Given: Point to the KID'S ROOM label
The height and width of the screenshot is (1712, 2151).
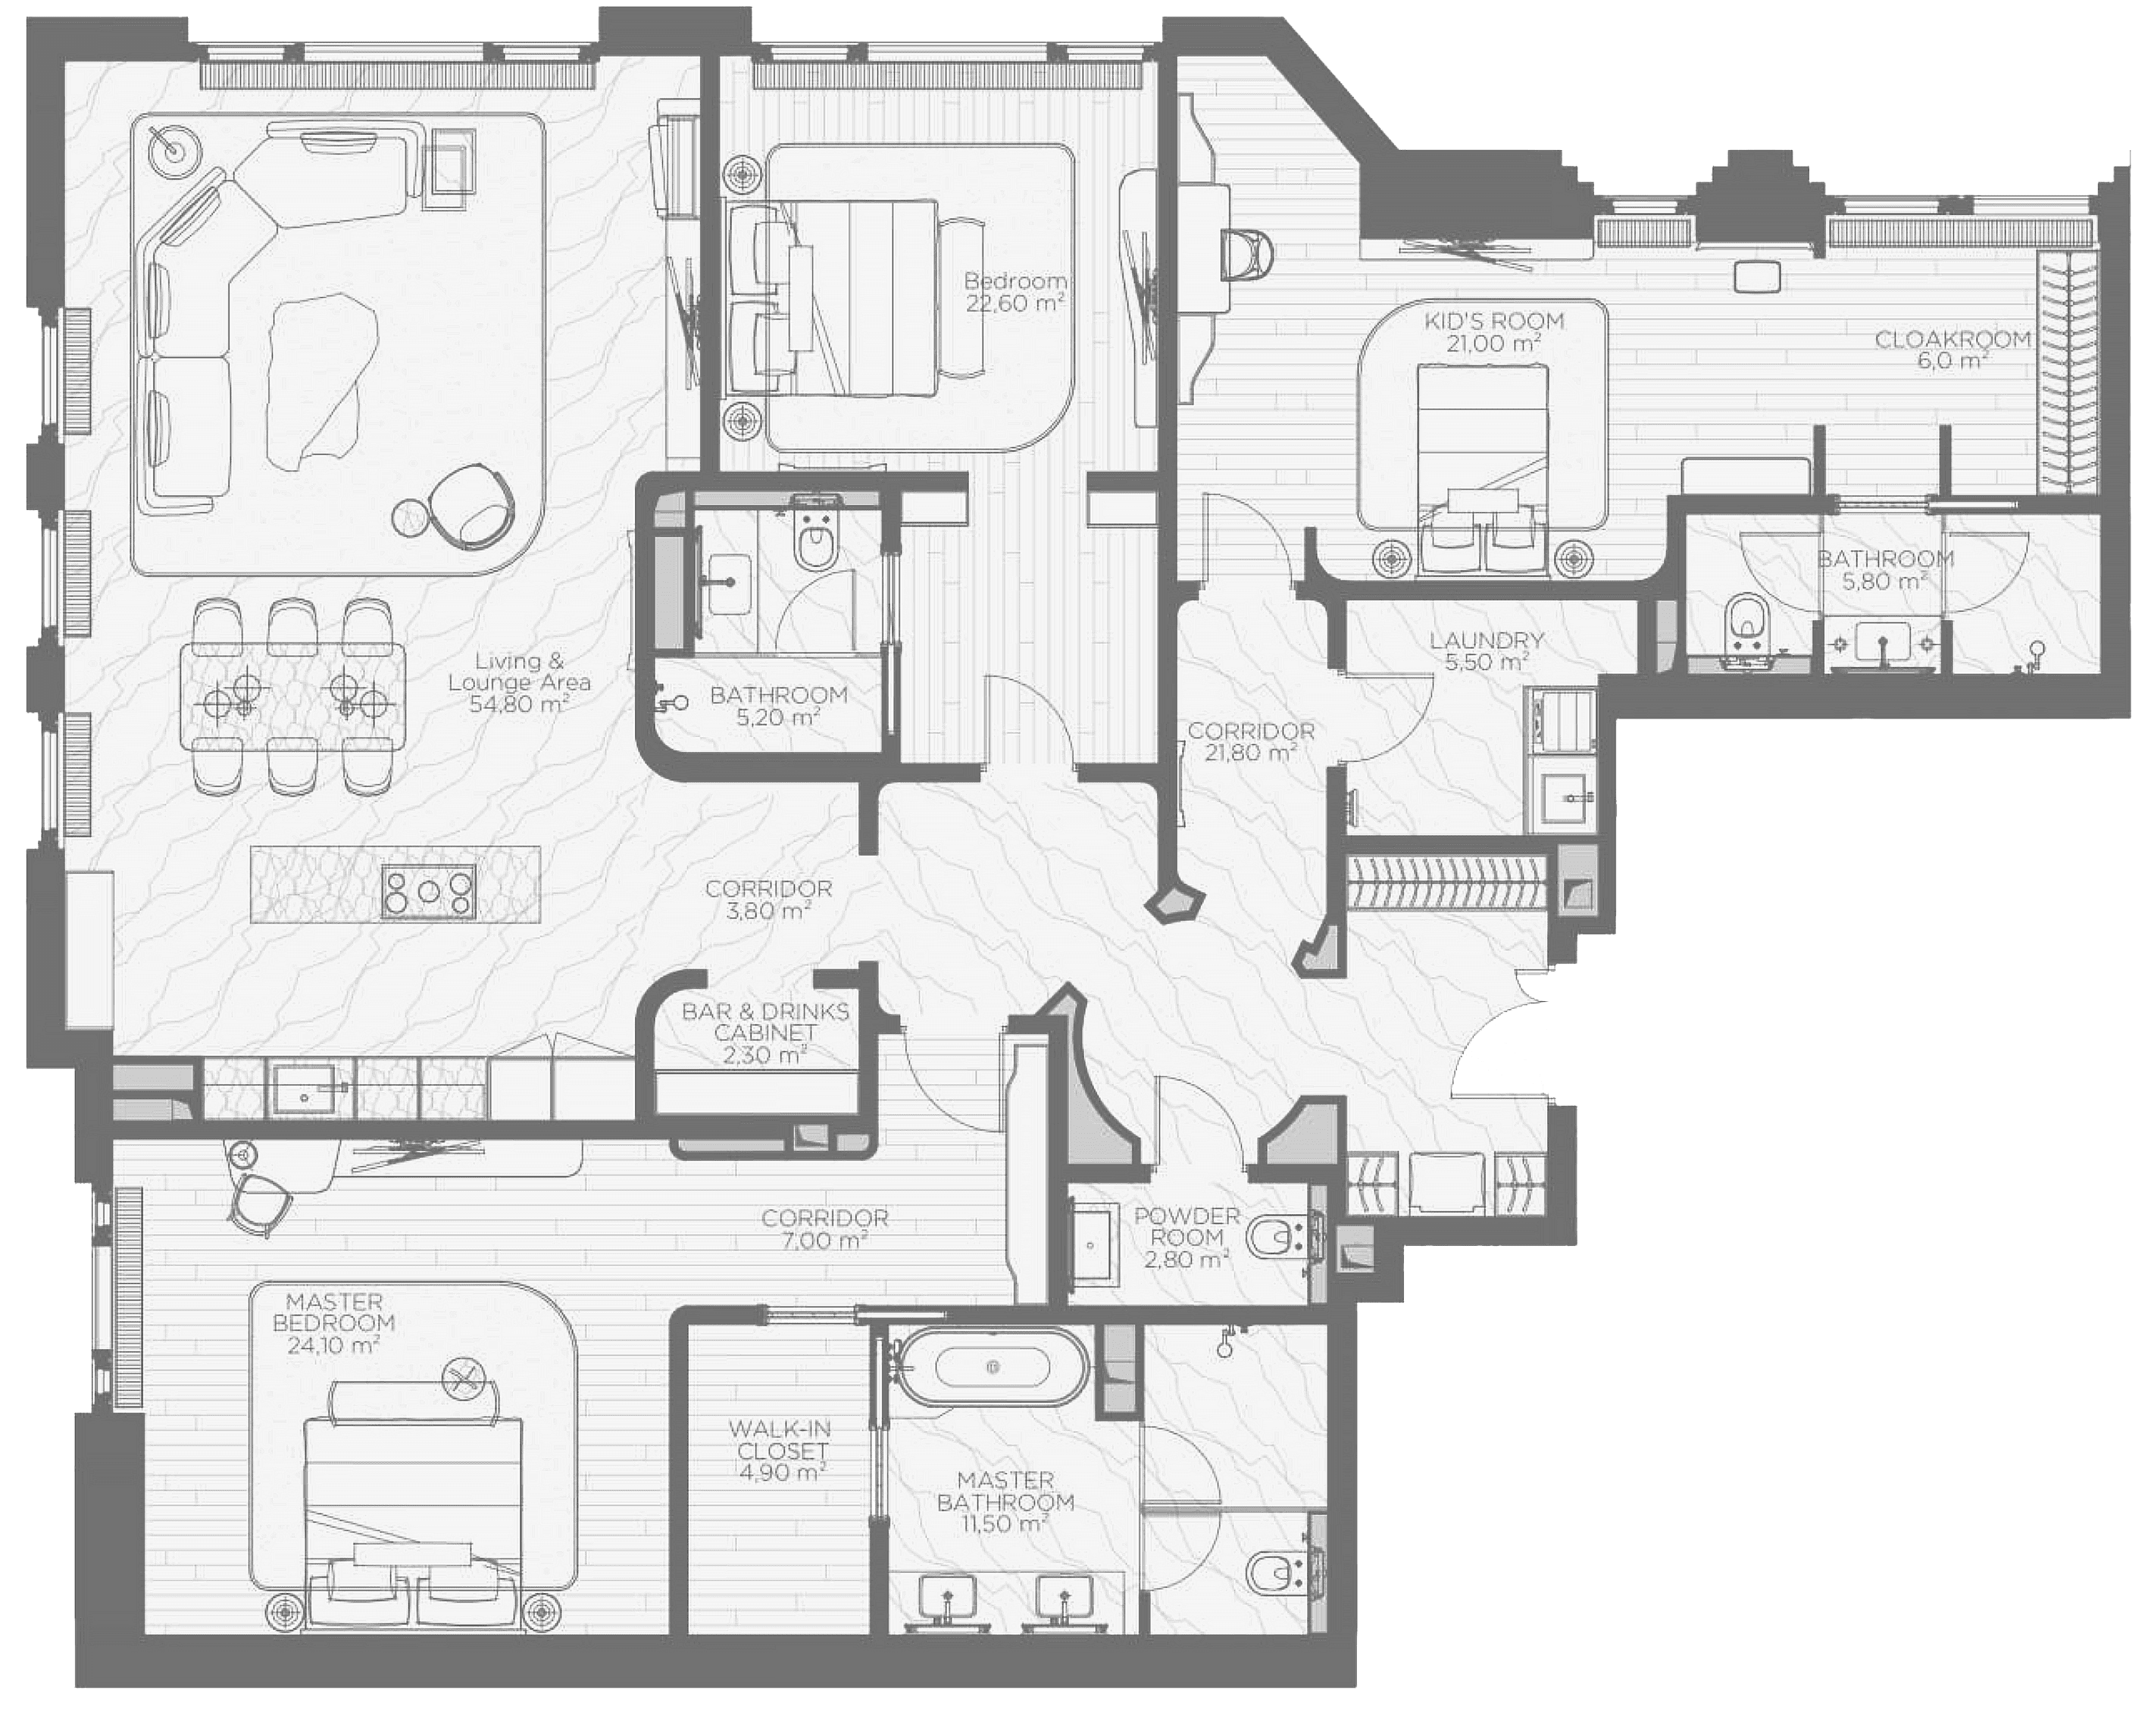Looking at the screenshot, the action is click(x=1493, y=321).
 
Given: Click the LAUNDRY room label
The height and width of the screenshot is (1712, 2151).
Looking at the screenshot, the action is click(x=1486, y=640).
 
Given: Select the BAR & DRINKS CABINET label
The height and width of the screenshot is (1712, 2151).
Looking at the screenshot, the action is click(x=765, y=1022).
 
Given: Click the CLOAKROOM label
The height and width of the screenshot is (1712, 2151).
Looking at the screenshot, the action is click(x=1952, y=340).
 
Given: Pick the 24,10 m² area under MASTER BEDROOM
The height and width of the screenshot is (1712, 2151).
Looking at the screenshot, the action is click(x=333, y=1345).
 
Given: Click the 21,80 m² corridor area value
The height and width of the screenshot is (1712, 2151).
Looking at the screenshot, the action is click(x=1250, y=753).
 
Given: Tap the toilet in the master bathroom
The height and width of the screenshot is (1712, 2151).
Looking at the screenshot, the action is click(x=1283, y=1574).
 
